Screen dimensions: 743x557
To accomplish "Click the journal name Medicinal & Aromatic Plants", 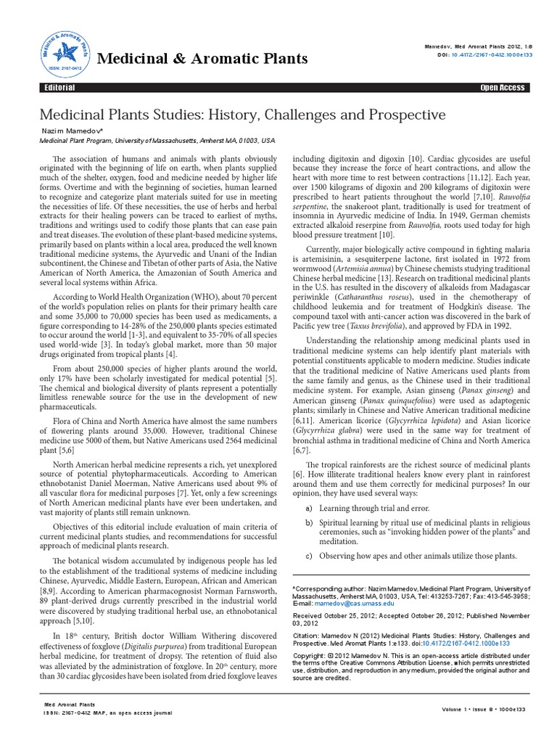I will [x=203, y=58].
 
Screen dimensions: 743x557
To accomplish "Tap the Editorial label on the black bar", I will [x=58, y=88].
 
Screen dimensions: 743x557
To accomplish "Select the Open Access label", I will [x=502, y=88].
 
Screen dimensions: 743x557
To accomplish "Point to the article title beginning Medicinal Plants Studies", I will [x=242, y=115].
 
